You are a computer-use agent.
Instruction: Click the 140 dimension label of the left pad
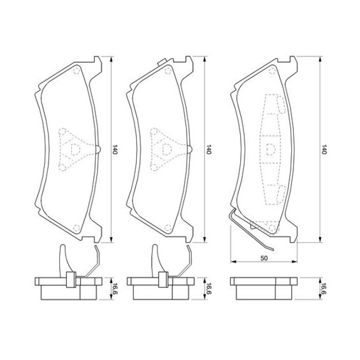[114, 149]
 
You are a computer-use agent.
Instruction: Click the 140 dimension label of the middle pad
[208, 149]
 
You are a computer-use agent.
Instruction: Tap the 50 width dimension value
[264, 258]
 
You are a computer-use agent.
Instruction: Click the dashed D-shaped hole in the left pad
[76, 149]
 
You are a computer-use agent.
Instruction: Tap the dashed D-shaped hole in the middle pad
[167, 149]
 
